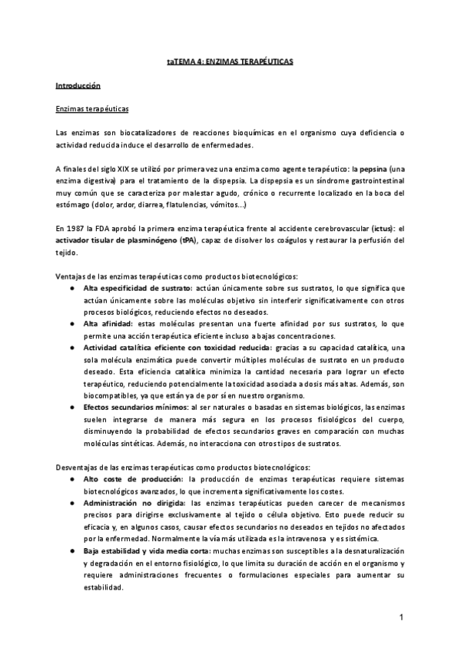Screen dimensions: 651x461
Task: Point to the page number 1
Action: tap(401, 617)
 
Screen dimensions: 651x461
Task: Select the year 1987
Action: tap(78, 229)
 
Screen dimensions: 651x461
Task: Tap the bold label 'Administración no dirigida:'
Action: tap(131, 504)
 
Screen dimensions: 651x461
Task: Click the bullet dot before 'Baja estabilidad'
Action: tap(73, 552)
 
